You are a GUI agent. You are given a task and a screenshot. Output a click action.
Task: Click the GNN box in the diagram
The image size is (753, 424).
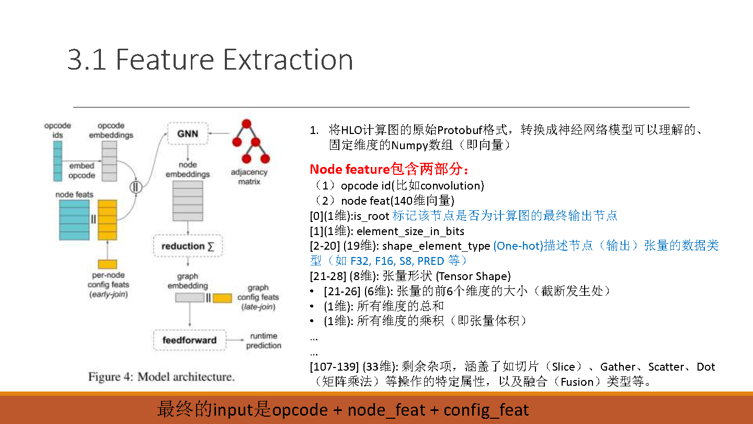click(x=188, y=133)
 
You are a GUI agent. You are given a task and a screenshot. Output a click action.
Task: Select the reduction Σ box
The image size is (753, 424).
click(x=188, y=246)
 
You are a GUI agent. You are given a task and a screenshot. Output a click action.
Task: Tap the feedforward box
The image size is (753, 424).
click(x=190, y=340)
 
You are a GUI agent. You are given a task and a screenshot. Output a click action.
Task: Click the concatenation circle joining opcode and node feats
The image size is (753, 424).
click(x=136, y=187)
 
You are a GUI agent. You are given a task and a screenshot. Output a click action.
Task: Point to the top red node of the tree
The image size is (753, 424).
click(x=246, y=124)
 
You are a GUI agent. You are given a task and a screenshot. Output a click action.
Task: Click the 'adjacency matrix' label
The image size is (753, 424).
click(x=249, y=177)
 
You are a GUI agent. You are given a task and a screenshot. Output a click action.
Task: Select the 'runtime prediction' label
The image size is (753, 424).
click(x=264, y=341)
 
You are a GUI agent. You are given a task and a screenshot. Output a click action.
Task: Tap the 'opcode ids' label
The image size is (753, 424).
click(x=58, y=130)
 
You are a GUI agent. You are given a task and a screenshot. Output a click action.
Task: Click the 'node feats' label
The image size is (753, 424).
click(x=74, y=195)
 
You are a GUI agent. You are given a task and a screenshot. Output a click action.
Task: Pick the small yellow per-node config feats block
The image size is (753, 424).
click(x=108, y=264)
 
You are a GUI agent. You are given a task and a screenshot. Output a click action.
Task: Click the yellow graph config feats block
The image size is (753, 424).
click(x=223, y=298)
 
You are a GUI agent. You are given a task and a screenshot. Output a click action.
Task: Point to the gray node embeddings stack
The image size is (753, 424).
click(x=188, y=201)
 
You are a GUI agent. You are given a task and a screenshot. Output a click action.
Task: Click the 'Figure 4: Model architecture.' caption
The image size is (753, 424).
click(x=162, y=376)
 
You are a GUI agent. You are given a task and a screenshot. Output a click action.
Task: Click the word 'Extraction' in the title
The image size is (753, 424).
click(x=288, y=60)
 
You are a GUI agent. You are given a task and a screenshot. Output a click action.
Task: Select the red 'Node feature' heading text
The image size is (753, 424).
click(x=350, y=169)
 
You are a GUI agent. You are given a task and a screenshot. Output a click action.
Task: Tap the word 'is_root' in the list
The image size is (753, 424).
click(x=371, y=216)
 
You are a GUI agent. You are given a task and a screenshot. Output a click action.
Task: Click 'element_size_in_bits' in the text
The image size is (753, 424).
click(x=410, y=231)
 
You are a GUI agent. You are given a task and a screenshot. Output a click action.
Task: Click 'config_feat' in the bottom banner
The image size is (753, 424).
click(x=486, y=410)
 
